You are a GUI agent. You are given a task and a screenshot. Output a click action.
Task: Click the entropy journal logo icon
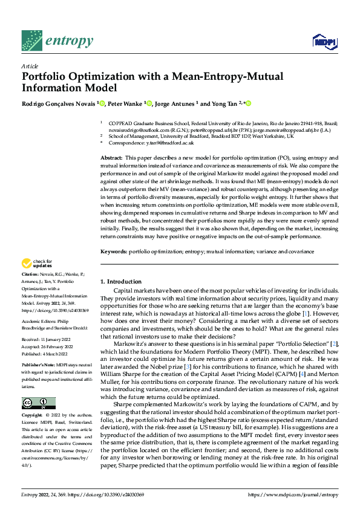click(31, 41)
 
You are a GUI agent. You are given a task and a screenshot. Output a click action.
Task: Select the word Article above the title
click(30, 66)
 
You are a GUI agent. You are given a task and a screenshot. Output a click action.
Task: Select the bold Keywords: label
click(113, 251)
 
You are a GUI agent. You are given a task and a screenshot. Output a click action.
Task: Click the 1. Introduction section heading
click(121, 282)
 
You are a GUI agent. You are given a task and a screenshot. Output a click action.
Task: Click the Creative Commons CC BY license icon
click(38, 403)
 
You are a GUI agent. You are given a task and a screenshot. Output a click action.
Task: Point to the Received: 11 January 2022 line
click(46, 340)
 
